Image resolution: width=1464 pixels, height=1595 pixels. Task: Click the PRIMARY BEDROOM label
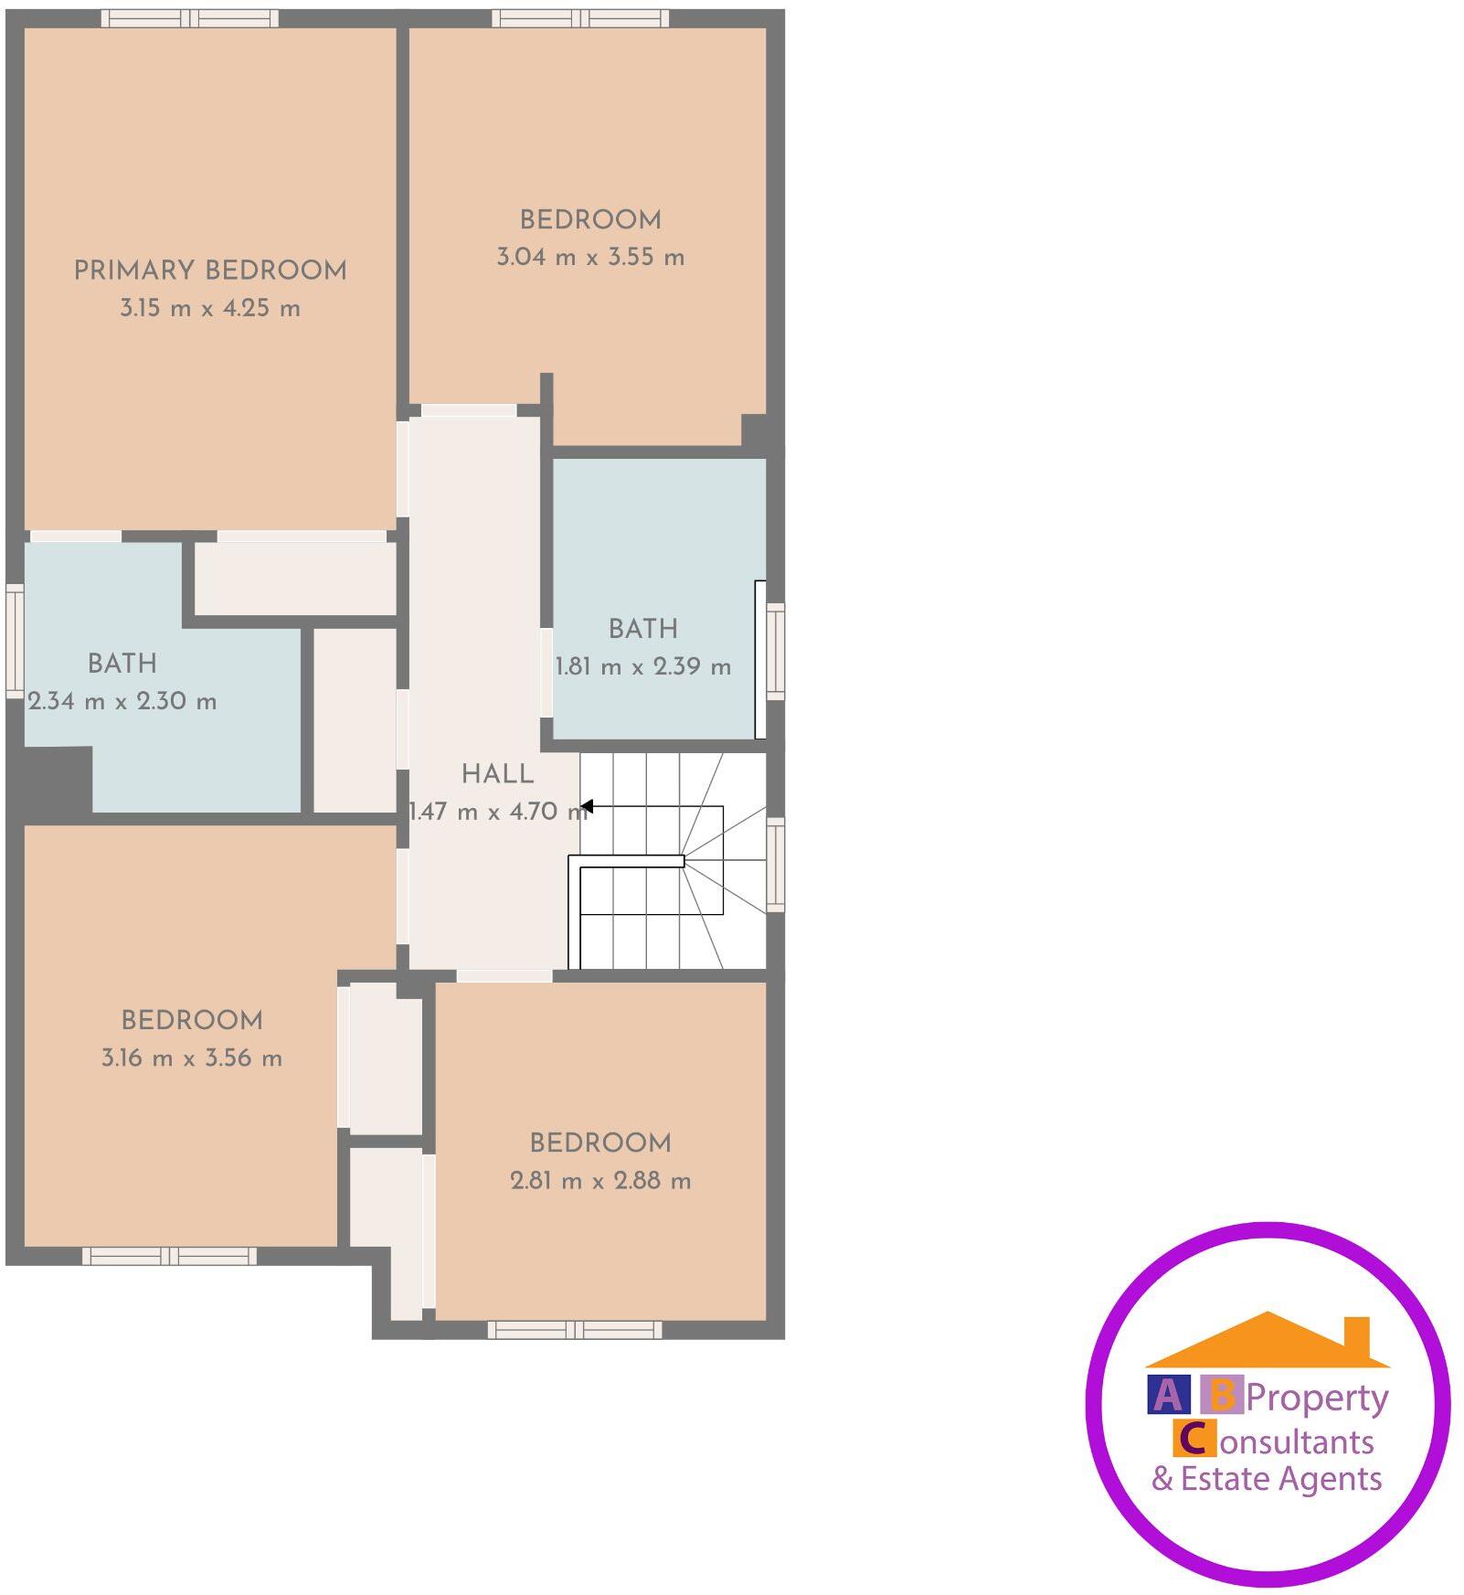point(210,271)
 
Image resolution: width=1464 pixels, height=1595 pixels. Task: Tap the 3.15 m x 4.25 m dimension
point(210,308)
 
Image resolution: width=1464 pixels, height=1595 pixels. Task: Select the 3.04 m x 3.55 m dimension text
point(590,257)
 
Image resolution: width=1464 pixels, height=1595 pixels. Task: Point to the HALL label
point(497,774)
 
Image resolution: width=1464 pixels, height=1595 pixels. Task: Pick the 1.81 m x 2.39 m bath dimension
point(643,666)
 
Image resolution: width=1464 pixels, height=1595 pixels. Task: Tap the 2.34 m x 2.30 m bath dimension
point(122,702)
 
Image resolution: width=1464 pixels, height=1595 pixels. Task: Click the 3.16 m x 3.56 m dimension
point(192,1058)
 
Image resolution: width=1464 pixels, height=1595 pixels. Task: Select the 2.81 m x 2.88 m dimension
point(600,1181)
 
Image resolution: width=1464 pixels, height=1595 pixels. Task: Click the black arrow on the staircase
point(588,806)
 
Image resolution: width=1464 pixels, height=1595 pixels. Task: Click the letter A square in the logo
point(1168,1395)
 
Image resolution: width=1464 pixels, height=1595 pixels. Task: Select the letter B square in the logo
point(1222,1395)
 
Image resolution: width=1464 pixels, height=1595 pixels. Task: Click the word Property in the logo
point(1317,1397)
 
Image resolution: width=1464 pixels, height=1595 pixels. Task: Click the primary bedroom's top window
point(190,18)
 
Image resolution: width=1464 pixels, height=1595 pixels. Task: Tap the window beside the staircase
point(775,865)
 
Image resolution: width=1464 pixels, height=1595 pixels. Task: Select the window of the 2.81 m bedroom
point(574,1329)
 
